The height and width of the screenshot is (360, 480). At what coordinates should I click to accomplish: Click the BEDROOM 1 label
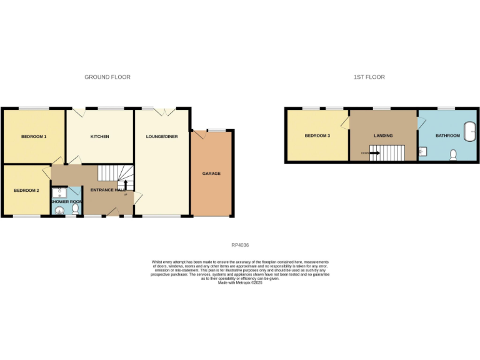coord(34,136)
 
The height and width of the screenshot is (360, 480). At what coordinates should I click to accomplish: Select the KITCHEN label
coord(100,136)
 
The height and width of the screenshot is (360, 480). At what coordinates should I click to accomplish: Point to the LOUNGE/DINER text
coord(161,136)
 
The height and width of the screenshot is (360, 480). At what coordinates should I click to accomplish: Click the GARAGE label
coord(211,174)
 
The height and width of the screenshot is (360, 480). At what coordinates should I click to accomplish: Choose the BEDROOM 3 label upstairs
coord(317,136)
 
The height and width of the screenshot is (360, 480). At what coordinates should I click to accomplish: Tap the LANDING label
coord(383,136)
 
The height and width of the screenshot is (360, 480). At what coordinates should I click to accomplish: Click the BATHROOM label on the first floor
coord(447,136)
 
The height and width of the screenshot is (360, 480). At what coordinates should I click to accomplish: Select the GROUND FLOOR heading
coord(107,77)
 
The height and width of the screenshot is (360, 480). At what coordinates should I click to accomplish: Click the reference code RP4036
coord(240,246)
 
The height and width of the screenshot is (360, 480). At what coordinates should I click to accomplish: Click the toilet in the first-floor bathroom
coord(454,154)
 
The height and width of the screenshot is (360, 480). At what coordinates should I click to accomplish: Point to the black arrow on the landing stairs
coord(374,152)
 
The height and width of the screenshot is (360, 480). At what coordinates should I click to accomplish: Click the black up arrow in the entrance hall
coord(126,185)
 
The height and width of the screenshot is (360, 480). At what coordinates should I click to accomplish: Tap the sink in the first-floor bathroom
coord(422,150)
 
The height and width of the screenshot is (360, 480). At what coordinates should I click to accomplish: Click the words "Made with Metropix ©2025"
coord(240,283)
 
